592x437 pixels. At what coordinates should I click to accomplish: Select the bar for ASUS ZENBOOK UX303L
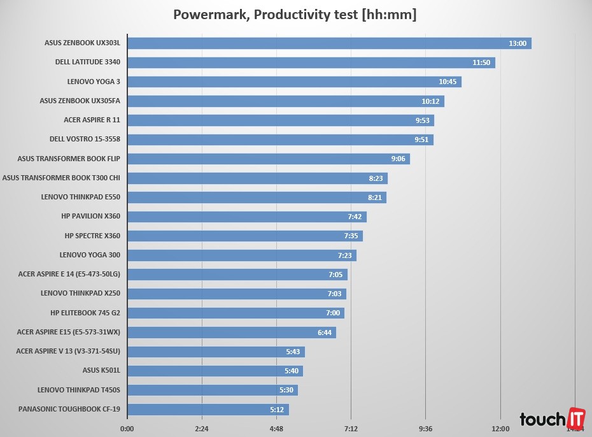[328, 43]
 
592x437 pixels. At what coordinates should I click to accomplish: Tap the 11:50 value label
[481, 62]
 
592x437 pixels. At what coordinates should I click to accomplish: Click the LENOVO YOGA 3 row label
[94, 82]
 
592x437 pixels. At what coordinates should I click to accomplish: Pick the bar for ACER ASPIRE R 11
[280, 120]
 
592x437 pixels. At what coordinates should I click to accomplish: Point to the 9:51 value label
[421, 140]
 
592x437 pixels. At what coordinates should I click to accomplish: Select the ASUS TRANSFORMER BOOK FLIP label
[69, 159]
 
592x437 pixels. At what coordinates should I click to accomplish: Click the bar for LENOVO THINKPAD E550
[256, 197]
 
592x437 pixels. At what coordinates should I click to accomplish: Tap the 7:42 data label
[355, 217]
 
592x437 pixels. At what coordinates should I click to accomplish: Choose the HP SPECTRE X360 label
[92, 236]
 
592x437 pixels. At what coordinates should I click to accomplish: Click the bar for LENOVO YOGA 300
[241, 255]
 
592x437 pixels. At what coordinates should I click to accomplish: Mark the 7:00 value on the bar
[332, 313]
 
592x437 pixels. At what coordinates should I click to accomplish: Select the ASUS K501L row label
[101, 370]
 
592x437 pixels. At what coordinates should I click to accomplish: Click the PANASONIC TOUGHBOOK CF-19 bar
[208, 409]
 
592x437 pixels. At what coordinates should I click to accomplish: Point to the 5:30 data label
[286, 390]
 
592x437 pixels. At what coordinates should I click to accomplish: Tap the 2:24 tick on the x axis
[202, 428]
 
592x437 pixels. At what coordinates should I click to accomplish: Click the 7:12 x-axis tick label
[351, 428]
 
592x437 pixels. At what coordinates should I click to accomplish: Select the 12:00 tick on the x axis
[500, 428]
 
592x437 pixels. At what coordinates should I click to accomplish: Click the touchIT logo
[551, 419]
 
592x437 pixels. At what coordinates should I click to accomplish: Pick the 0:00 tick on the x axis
[127, 428]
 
